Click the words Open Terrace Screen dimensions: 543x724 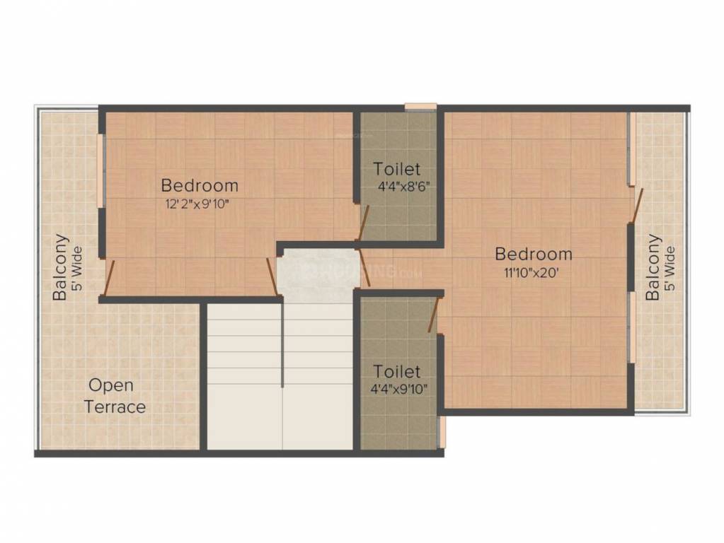pos(115,396)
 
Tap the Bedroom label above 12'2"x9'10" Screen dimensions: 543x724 pos(200,186)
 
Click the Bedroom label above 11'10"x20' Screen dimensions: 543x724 pos(533,254)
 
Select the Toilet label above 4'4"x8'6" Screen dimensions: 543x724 pos(397,169)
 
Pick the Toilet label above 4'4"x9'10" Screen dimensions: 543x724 pos(397,371)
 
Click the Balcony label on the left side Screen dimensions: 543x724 pos(62,267)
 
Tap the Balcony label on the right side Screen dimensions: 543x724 pos(653,267)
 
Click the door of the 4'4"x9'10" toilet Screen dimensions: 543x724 pos(432,315)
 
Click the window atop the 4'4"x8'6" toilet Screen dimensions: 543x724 pos(420,107)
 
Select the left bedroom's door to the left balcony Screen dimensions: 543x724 pos(108,278)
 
